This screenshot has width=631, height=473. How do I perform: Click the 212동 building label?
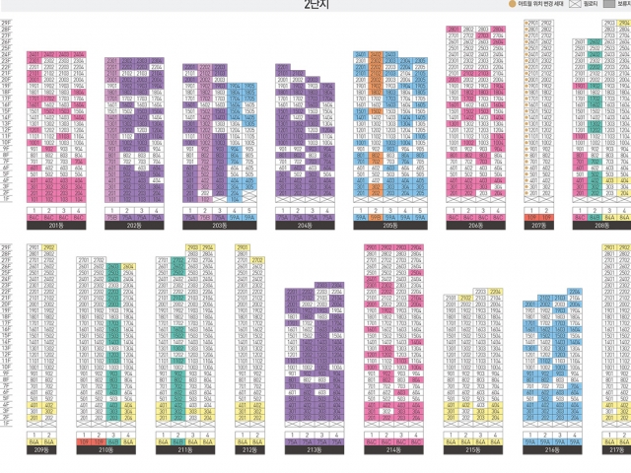click(x=247, y=451)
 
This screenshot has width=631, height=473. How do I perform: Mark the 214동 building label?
click(x=392, y=451)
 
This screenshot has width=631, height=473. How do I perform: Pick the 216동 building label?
click(x=551, y=451)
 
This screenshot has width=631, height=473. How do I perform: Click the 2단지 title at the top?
click(x=315, y=6)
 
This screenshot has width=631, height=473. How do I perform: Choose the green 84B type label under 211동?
click(x=176, y=443)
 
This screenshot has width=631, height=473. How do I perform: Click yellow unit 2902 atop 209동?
click(x=49, y=248)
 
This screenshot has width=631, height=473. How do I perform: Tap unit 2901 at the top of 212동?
click(x=243, y=248)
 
